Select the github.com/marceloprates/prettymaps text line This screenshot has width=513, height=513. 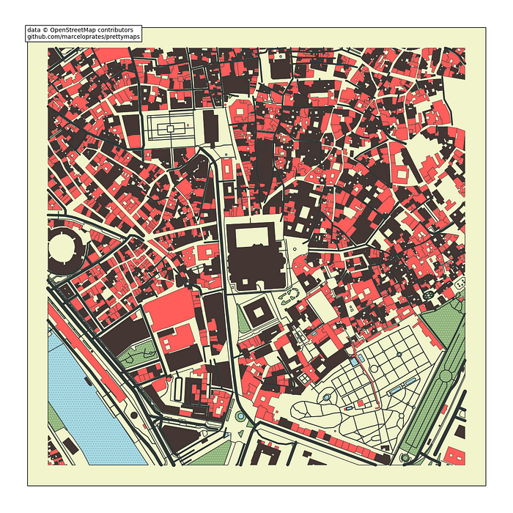(83, 36)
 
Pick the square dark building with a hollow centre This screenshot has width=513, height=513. (257, 314)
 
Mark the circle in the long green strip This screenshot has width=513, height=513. (446, 376)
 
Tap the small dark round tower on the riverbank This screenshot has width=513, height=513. (133, 415)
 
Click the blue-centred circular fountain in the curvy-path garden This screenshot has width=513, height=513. (325, 396)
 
